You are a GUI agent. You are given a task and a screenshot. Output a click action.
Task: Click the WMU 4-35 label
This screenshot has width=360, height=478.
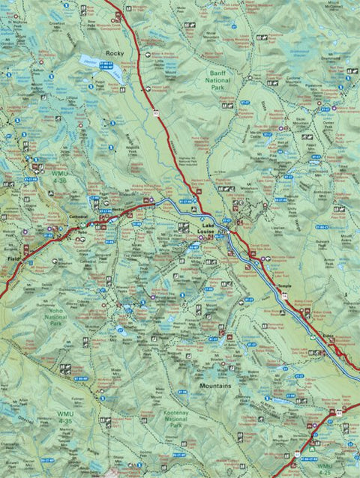[x=62, y=417]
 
